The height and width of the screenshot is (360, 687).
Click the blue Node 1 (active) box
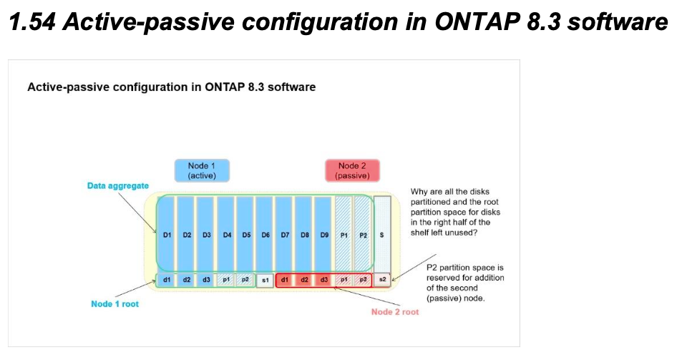[x=202, y=170]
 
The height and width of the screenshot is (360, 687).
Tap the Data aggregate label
[x=118, y=186]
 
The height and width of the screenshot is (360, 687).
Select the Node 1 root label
[x=115, y=304]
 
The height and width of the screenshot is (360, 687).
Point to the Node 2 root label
[x=395, y=312]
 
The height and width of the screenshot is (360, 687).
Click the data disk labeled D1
[x=166, y=234]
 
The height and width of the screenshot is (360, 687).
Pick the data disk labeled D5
[x=245, y=234]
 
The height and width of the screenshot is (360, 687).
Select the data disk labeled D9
[x=323, y=234]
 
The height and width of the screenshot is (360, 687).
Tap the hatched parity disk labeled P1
[x=343, y=234]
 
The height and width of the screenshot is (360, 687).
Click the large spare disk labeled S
[x=383, y=234]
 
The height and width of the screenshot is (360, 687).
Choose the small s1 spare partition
[x=265, y=279]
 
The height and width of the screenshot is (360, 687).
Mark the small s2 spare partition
[x=383, y=279]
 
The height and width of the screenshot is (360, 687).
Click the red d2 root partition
[x=304, y=279]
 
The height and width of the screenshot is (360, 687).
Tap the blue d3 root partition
[x=205, y=279]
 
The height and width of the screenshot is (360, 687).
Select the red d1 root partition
[x=284, y=279]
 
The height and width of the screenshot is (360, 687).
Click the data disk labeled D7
[x=284, y=234]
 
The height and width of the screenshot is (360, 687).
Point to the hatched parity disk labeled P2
[x=363, y=234]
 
